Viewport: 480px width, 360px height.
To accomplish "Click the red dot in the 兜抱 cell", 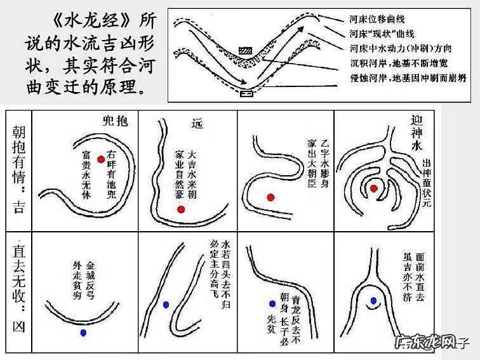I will [x=100, y=159].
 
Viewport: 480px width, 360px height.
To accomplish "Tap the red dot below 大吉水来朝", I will [x=181, y=209].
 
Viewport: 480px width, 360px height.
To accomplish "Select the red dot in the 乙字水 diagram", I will [x=271, y=197].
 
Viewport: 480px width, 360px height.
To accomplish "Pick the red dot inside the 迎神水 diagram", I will [x=374, y=188].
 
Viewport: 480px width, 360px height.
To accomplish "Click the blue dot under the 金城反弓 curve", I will [x=83, y=333].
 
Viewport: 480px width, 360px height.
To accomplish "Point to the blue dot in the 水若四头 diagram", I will [x=166, y=305].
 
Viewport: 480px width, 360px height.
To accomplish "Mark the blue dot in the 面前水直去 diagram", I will [x=374, y=300].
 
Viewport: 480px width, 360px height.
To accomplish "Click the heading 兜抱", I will [x=115, y=121].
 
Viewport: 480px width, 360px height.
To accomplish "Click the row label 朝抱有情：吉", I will [x=18, y=169].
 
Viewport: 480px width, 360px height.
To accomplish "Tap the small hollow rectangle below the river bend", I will [x=246, y=94].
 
